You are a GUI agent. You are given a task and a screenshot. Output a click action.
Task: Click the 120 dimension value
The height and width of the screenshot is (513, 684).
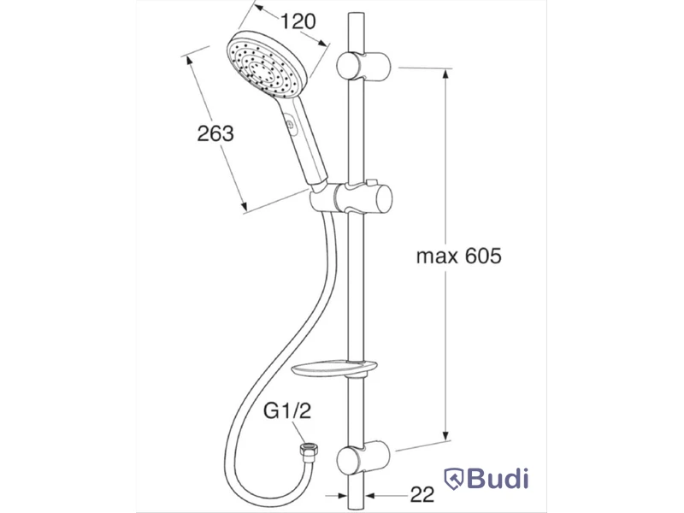[x=298, y=21]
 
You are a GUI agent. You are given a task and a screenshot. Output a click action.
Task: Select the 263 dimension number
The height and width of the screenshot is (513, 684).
[x=215, y=133]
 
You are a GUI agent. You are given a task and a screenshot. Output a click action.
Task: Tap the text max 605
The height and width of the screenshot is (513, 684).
[x=459, y=256]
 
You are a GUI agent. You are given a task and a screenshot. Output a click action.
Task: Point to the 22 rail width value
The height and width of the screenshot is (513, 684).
[x=422, y=495]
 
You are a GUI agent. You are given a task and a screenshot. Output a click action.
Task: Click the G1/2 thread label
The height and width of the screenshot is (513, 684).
[x=287, y=411]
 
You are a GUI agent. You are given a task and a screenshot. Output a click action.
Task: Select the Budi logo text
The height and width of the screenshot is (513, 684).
[x=498, y=478]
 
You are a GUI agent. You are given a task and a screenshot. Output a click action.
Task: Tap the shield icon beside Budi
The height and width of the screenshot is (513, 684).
[x=454, y=479]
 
